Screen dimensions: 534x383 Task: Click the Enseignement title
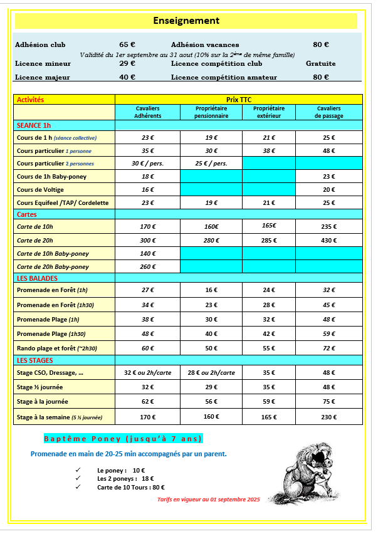click(x=186, y=21)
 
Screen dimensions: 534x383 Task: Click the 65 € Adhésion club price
click(x=127, y=45)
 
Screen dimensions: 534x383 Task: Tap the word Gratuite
click(x=320, y=63)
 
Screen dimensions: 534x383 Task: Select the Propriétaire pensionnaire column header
click(x=211, y=112)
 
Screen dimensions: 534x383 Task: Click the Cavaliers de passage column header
click(x=329, y=112)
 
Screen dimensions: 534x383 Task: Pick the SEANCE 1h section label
click(x=34, y=125)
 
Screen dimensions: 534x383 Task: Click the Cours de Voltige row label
click(x=40, y=189)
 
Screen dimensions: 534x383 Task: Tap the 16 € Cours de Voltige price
click(x=147, y=189)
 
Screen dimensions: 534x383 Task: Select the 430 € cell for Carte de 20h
click(x=329, y=241)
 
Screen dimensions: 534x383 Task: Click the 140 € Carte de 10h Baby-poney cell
click(x=147, y=254)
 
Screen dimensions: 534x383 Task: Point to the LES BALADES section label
click(x=37, y=278)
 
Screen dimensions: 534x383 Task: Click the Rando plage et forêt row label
click(x=57, y=348)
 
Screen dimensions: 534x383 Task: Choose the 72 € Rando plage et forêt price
click(x=329, y=348)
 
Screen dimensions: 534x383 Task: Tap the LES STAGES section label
click(x=35, y=360)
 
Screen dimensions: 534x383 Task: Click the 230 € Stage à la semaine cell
click(x=329, y=416)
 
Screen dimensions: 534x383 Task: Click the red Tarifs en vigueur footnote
click(x=208, y=500)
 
